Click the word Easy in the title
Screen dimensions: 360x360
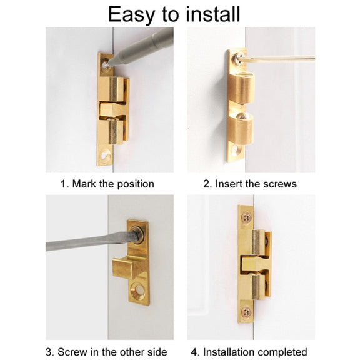pos(131,15)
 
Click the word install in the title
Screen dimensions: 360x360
pos(213,14)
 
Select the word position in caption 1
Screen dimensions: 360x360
pos(135,184)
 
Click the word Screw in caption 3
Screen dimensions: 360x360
pos(72,352)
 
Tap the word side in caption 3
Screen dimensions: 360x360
pos(157,352)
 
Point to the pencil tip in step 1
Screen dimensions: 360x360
pos(109,63)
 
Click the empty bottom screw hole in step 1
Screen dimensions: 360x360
pos(106,154)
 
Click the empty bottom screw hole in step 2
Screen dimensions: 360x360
pos(236,151)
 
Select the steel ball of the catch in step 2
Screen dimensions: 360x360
pos(242,116)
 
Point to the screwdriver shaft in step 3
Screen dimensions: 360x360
pos(92,242)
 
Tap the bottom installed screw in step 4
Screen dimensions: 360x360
pos(247,311)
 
